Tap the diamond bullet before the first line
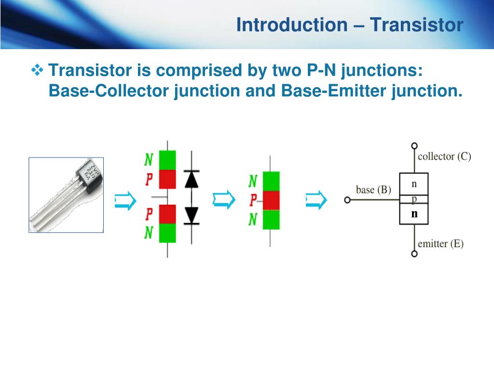37,71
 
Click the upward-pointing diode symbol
192,179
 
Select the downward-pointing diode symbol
192,214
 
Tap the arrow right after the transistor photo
125,200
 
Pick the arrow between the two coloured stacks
223,199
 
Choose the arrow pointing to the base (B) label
316,199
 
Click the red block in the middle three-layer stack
271,200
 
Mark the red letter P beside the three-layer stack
253,200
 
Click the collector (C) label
444,156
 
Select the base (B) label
373,189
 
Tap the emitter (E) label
440,244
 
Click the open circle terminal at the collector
414,145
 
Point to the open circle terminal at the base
347,200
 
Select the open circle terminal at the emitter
414,254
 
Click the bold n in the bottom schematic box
414,214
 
